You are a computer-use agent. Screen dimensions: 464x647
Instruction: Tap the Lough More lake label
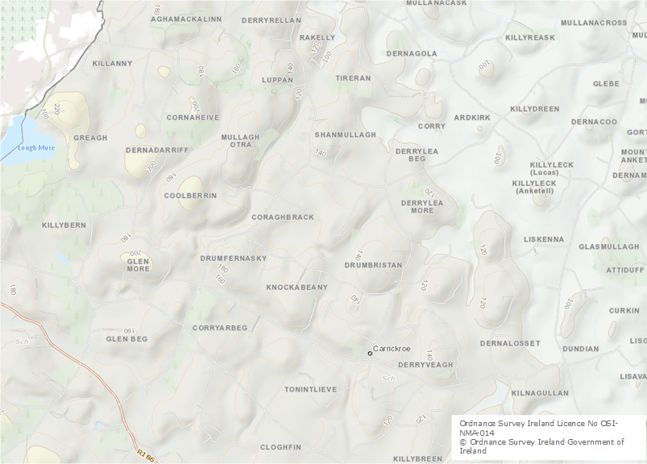point(35,147)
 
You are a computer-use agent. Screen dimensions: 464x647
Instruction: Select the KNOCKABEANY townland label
point(297,287)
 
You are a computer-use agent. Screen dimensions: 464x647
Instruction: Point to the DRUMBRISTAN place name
point(373,264)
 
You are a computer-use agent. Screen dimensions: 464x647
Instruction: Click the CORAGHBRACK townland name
point(283,217)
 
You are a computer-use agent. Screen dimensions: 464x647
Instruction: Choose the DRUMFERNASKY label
point(233,258)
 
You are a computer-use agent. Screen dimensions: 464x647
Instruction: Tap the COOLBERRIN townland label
point(190,196)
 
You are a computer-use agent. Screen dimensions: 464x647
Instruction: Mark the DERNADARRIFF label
point(156,150)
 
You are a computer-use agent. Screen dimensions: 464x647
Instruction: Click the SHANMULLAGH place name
point(345,135)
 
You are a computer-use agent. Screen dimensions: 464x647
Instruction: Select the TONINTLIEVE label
point(310,389)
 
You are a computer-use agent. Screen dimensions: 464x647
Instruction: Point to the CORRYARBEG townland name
point(220,328)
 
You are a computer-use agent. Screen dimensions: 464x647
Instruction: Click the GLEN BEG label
point(127,339)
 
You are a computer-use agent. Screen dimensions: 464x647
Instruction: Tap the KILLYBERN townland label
point(64,225)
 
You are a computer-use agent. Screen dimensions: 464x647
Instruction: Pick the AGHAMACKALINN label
point(186,19)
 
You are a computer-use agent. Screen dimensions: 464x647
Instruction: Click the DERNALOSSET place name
point(510,343)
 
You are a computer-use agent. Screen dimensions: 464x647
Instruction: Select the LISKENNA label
point(544,239)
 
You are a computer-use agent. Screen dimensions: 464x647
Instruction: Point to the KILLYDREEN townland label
point(534,109)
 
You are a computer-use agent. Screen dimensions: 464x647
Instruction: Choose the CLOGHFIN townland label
point(280,447)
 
